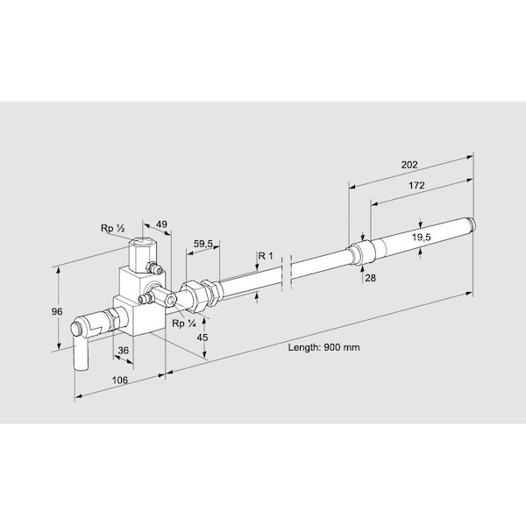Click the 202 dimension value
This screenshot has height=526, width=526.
(409, 165)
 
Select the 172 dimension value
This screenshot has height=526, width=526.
(416, 186)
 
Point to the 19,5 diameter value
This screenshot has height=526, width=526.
(422, 238)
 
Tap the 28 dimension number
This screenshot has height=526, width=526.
(370, 278)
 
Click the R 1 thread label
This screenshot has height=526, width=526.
(266, 256)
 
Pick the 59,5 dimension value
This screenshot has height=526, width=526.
(203, 244)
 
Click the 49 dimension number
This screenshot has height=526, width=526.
(161, 224)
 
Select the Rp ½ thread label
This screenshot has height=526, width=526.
(113, 229)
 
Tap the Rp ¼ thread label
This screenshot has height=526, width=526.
(184, 323)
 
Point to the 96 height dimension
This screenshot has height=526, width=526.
(57, 311)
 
